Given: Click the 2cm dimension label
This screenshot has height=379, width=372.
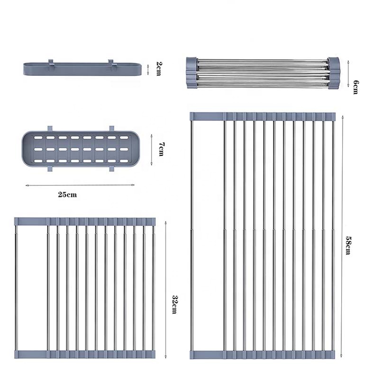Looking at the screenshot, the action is [159, 69].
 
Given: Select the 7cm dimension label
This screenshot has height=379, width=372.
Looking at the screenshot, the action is [161, 149].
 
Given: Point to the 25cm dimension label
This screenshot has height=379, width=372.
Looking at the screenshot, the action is [67, 195].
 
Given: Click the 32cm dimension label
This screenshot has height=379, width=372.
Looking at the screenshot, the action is [174, 304].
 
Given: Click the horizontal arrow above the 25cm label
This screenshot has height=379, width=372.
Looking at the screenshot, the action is [80, 185].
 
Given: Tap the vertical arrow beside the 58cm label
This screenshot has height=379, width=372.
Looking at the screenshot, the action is [342, 236].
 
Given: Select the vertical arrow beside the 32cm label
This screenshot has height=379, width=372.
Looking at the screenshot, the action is [165, 289].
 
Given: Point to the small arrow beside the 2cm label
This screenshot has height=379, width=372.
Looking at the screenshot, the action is [148, 69].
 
